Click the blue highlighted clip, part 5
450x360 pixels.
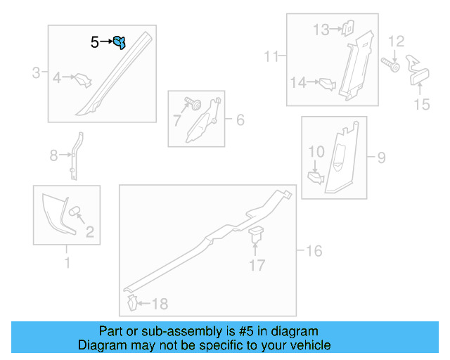[x=120, y=42]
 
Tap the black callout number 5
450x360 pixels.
[x=95, y=42]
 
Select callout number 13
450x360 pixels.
[x=321, y=30]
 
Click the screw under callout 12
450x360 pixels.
[x=390, y=65]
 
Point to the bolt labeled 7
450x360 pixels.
[x=193, y=103]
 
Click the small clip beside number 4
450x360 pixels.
[x=83, y=80]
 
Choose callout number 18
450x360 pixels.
[x=160, y=304]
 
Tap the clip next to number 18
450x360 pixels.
[x=132, y=303]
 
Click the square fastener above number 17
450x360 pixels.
[x=256, y=233]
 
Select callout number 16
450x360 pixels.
[x=314, y=251]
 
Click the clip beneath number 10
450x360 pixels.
[x=316, y=178]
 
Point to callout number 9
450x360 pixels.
[x=381, y=157]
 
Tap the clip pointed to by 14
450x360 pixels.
[x=328, y=84]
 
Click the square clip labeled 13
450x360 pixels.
[x=348, y=28]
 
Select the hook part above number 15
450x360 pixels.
[x=418, y=70]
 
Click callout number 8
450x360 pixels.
[x=53, y=155]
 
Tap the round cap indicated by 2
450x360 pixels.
[x=75, y=212]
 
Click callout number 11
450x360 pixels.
[x=271, y=56]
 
